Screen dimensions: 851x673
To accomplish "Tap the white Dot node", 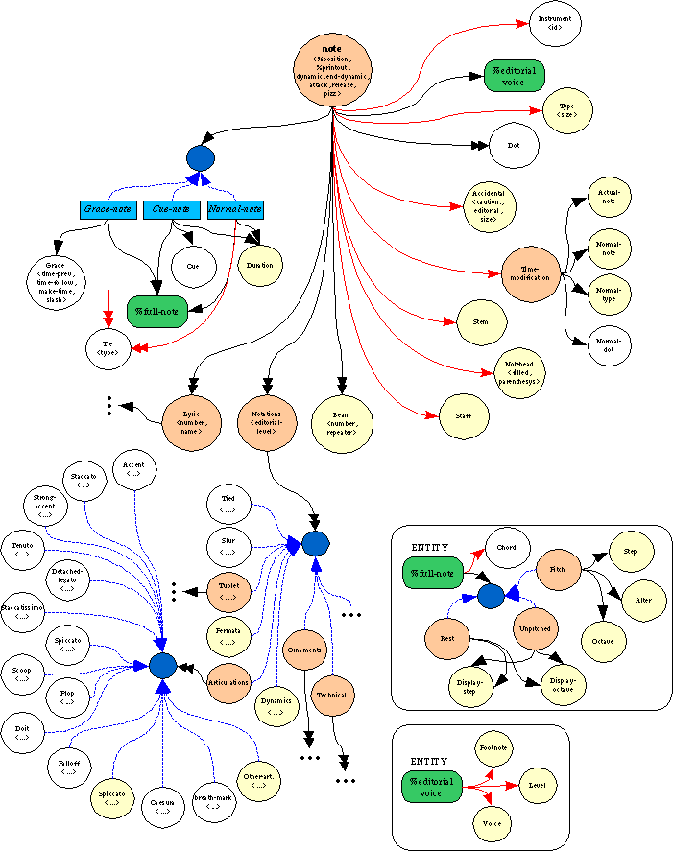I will [x=513, y=146].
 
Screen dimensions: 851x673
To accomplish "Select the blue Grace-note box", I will [x=108, y=209].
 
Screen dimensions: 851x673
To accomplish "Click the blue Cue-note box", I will [x=170, y=209].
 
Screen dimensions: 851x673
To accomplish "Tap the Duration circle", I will [x=259, y=266].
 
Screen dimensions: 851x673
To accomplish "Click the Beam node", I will [x=342, y=419].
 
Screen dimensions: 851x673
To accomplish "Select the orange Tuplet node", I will [x=228, y=590].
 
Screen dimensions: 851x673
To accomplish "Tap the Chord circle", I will [x=507, y=549].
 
